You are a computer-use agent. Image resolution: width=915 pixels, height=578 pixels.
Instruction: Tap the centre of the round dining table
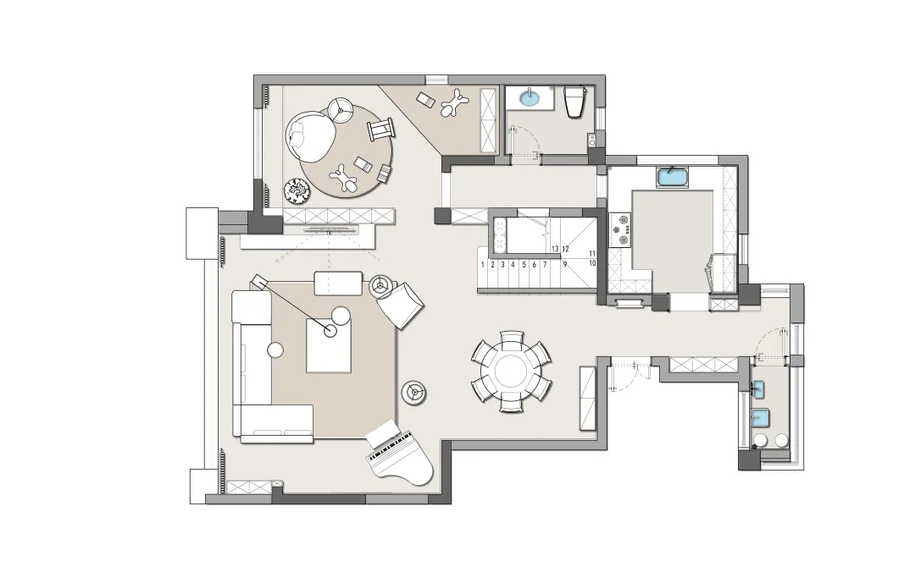point(511,372)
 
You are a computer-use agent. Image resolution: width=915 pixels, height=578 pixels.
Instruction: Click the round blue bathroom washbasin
point(530,97)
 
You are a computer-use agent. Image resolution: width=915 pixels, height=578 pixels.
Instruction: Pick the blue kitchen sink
point(673,177)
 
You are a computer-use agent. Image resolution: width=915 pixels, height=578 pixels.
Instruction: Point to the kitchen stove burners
point(619,229)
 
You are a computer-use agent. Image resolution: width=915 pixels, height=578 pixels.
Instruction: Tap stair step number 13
point(555,249)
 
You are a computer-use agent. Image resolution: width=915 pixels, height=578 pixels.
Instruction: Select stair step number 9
point(565,265)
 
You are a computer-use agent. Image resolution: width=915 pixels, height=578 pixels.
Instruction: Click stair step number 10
point(592,263)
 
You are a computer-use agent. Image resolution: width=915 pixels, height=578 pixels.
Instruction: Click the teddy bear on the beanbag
point(298,140)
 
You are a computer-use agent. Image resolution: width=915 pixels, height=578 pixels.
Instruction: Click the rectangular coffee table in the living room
point(329,345)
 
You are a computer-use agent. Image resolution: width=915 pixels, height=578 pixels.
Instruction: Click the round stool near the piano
point(414,392)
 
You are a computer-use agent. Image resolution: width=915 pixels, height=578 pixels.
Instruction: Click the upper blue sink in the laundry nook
point(758,389)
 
